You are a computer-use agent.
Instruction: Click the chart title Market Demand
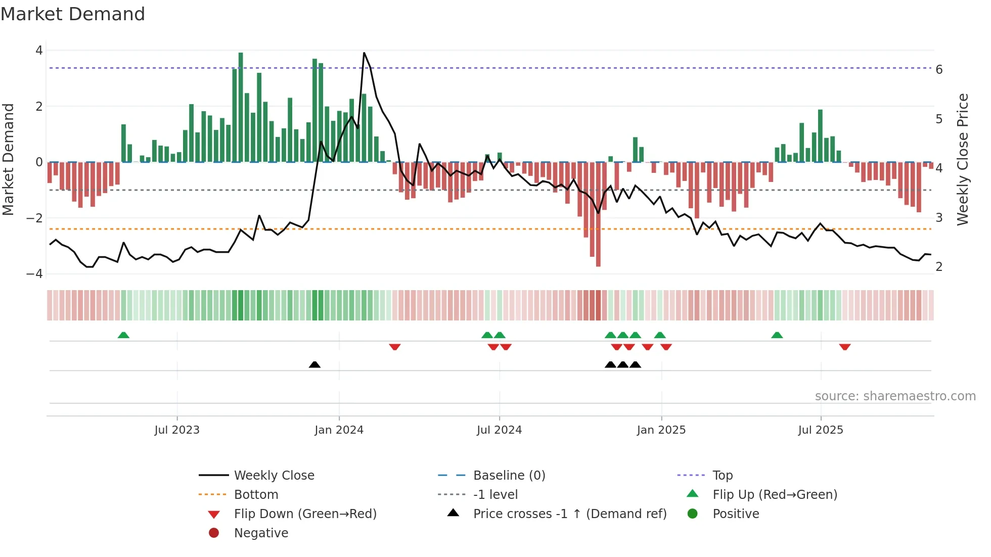73,14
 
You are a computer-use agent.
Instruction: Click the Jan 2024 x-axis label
339,430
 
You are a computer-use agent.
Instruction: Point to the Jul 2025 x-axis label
821,430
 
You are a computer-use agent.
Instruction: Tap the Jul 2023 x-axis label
177,430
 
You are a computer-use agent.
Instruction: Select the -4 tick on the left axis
35,273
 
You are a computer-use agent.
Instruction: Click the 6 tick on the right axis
939,70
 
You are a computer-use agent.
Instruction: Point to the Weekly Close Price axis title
963,159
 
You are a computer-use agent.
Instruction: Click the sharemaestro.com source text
895,396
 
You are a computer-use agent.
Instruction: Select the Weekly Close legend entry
274,476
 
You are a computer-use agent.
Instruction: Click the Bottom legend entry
256,495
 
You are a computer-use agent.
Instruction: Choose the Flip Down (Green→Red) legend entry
305,514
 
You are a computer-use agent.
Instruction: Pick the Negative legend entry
261,533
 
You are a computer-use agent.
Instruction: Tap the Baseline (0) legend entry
509,476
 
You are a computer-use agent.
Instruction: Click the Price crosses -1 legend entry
569,514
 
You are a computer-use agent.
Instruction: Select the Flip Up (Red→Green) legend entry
775,495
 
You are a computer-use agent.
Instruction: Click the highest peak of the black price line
364,53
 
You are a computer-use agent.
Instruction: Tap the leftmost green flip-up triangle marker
123,335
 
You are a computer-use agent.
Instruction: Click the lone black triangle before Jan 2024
314,364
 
